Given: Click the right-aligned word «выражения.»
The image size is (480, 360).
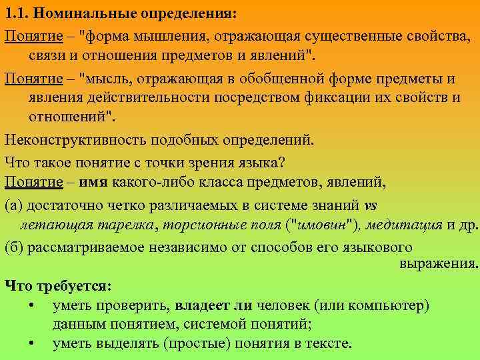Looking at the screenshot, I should pos(439,263).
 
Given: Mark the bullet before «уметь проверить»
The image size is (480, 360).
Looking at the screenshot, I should pos(33,305).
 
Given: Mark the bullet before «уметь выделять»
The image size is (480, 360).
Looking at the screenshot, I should pos(33,344).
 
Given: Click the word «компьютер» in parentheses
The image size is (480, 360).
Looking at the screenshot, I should pos(391,305).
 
